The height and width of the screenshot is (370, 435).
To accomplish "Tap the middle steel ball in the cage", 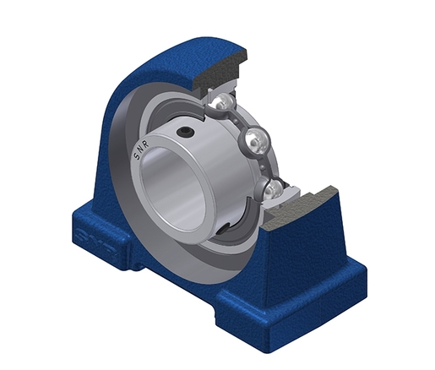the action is [255, 140].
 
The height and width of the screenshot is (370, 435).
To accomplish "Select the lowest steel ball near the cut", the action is [272, 188].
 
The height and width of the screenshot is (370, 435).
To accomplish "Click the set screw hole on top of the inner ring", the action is [185, 131].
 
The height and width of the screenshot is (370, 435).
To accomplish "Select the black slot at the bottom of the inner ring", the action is [225, 228].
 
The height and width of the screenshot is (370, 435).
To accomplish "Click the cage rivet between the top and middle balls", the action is [237, 122].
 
